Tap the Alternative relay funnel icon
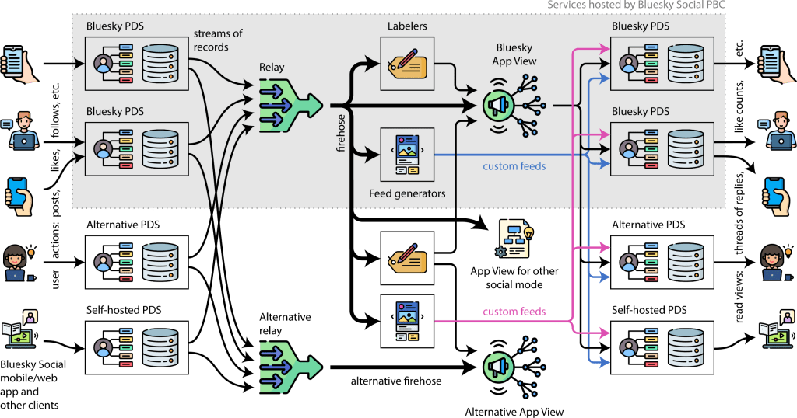click(x=289, y=365)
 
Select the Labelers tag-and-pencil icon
click(x=406, y=61)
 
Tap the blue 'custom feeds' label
click(x=514, y=166)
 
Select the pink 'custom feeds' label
click(x=514, y=312)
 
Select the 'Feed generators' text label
click(x=408, y=193)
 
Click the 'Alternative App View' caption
click(x=513, y=410)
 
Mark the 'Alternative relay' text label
click(x=285, y=324)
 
